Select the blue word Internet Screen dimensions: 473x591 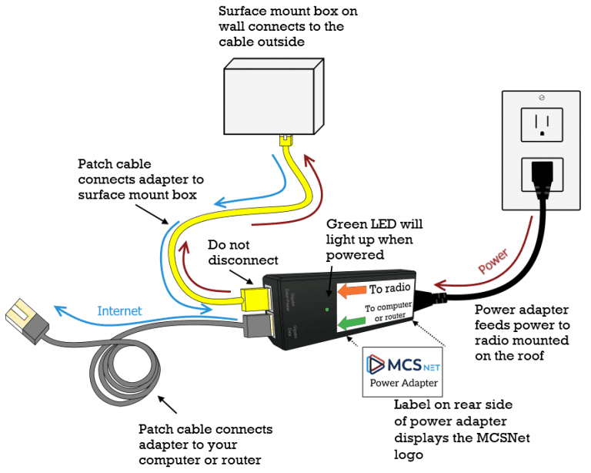click(121, 310)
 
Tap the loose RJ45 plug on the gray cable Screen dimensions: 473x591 click(22, 317)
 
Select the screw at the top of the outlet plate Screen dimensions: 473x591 click(543, 99)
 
